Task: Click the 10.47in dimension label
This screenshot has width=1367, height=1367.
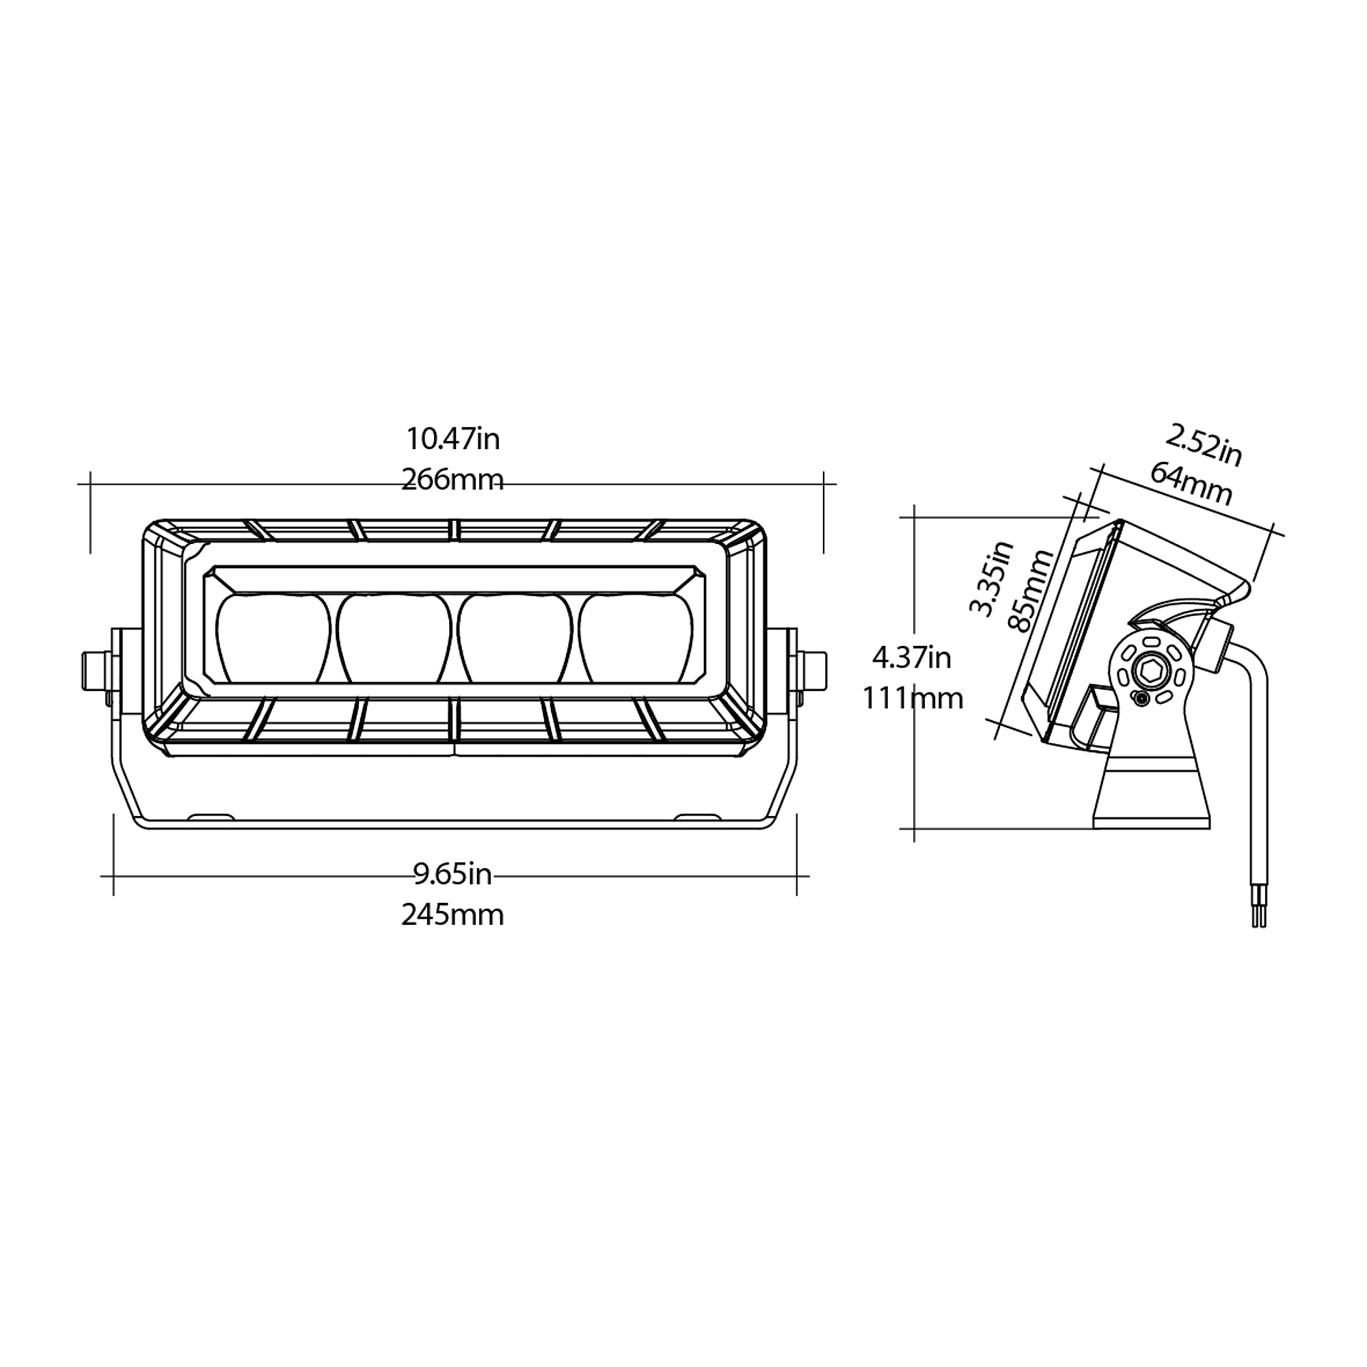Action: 453,439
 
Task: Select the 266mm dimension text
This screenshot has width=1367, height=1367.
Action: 453,480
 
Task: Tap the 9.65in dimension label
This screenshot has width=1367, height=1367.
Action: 453,875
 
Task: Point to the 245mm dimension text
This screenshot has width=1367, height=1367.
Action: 453,915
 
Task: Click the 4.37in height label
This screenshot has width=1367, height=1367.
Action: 911,658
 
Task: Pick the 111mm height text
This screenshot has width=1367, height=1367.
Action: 912,699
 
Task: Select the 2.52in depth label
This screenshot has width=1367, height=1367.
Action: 1204,446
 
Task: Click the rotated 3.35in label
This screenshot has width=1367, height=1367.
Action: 990,578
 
